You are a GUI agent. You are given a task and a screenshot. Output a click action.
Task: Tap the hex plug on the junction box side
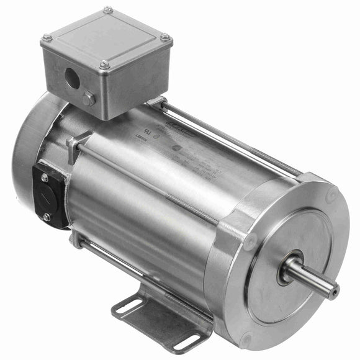[89, 98]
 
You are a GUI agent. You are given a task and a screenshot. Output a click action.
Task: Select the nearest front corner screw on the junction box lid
[104, 65]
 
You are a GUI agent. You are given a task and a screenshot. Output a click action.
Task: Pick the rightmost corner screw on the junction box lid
[166, 38]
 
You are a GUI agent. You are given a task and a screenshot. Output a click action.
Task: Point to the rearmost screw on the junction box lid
[108, 10]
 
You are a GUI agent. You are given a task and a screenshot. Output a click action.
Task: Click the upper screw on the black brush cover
[45, 178]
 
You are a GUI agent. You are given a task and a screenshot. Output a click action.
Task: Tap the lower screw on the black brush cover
[47, 217]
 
